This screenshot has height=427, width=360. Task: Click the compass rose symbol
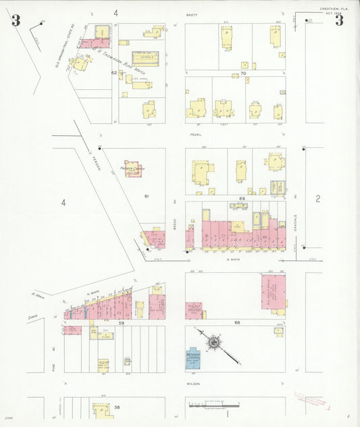pos(213,343)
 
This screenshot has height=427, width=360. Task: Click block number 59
pos(122,323)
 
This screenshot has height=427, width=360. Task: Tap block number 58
pos(117,407)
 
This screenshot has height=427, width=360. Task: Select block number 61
pos(146,196)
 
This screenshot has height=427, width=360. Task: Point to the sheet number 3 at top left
pos(16,20)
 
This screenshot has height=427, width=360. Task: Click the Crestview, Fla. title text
pos(333,9)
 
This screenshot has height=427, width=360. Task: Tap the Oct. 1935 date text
pos(332,14)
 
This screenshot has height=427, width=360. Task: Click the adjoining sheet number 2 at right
pos(317,199)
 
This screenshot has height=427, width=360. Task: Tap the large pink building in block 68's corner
pos(274,291)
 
